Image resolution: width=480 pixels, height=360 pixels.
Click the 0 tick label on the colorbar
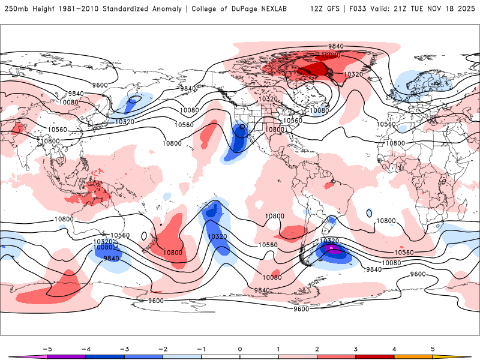click(240, 348)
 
